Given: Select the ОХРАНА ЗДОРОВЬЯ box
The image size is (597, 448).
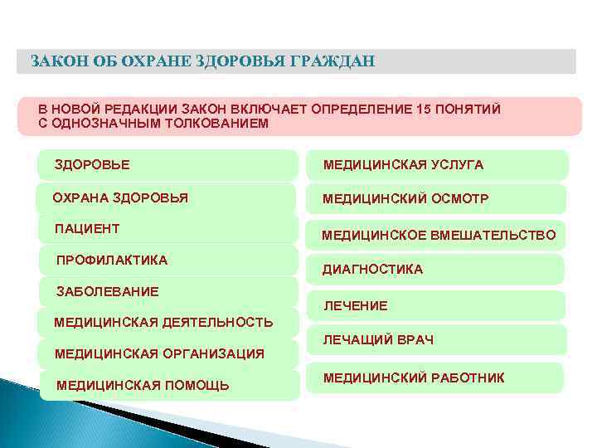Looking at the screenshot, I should point(166,197).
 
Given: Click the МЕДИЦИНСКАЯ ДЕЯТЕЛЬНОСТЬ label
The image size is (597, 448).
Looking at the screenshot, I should point(163,322).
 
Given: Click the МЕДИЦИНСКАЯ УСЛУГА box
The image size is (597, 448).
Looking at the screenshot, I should point(438,165).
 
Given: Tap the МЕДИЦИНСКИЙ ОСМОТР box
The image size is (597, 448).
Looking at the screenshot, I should point(438,199).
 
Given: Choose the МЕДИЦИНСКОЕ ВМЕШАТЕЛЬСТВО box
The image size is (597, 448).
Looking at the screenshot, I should point(438,236).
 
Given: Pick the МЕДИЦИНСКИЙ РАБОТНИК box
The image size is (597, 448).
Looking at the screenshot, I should point(438,377).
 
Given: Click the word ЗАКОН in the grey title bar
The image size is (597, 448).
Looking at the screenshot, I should point(51,61).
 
